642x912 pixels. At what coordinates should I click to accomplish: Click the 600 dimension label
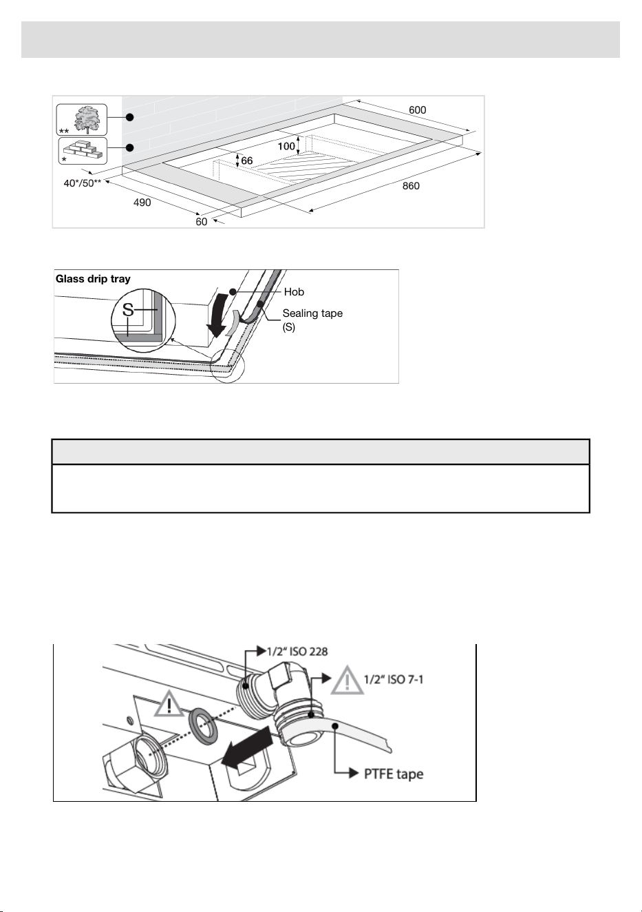pos(418,110)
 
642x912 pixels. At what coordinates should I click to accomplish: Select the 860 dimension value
pos(411,186)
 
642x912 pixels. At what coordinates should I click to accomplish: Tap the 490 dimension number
pos(142,203)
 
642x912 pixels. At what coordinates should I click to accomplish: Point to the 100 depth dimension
pos(286,146)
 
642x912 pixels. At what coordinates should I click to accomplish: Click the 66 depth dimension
pos(247,160)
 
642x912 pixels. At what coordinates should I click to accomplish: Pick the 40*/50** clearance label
pos(82,183)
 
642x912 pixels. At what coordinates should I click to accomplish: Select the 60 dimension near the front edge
pos(202,222)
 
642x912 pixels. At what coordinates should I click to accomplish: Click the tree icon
pos(87,120)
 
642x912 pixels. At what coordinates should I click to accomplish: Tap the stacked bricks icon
pos(84,150)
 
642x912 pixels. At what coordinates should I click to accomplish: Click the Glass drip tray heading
pos(93,279)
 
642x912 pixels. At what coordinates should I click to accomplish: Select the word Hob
pos(294,292)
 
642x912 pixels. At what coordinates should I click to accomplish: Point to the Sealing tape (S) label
pos(312,320)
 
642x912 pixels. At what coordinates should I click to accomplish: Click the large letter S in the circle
pos(128,310)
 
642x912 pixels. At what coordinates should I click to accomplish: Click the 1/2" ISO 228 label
pos(297,652)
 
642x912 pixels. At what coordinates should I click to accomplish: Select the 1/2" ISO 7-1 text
pos(394,679)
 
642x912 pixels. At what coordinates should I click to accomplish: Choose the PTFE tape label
pos(394,774)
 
